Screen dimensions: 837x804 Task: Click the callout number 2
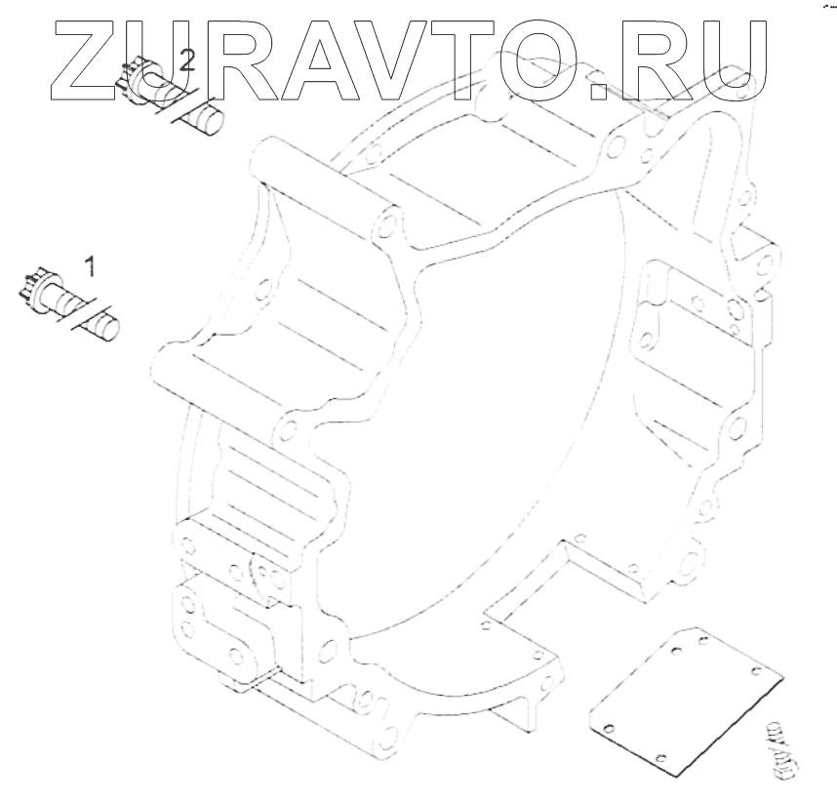point(187,61)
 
